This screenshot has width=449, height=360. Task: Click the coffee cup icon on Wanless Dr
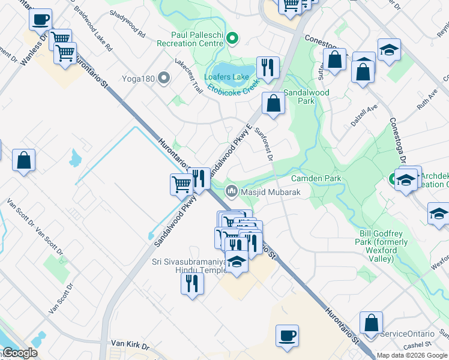(41, 19)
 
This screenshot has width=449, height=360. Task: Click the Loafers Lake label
(226, 77)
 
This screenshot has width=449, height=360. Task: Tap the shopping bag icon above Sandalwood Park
(273, 103)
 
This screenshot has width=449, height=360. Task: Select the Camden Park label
(316, 178)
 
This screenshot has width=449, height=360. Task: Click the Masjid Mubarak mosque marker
(231, 192)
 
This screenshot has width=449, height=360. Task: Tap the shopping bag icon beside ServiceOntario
(372, 322)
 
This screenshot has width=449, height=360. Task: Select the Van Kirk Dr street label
(129, 344)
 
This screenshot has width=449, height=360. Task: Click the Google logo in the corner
(19, 353)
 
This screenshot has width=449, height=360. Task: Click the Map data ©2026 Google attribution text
(412, 355)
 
